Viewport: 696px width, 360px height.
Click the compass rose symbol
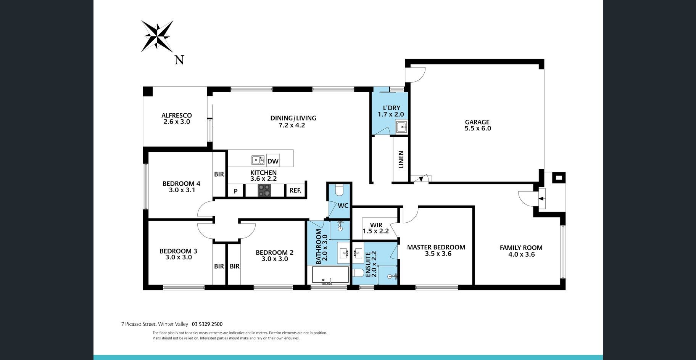(x=157, y=36)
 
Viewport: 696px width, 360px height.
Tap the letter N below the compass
(x=179, y=60)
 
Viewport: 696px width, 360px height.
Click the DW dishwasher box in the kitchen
(x=273, y=161)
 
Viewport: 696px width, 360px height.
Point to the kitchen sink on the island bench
(x=258, y=160)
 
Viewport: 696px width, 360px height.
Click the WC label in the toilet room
(x=343, y=206)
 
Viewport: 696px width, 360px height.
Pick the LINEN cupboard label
(x=401, y=160)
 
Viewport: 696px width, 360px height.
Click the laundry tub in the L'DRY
(x=401, y=127)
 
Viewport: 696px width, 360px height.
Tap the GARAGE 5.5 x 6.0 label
(x=477, y=125)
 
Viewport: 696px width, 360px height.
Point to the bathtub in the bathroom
(x=330, y=275)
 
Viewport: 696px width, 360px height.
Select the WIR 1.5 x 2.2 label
(x=376, y=228)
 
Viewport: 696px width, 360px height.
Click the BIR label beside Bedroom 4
(x=219, y=174)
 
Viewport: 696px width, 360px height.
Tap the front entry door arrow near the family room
(x=541, y=198)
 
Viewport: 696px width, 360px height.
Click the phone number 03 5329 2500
(x=207, y=324)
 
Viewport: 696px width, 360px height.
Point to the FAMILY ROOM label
(x=521, y=247)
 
